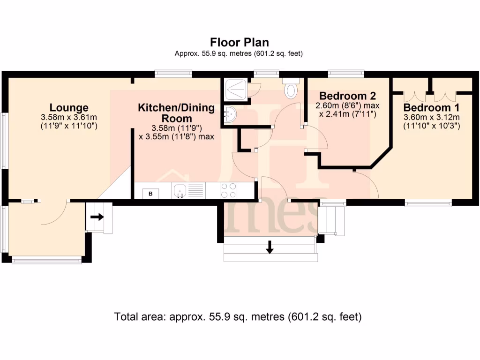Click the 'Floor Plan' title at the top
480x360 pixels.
239,43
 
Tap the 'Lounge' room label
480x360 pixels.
69,108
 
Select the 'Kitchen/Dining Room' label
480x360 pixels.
176,113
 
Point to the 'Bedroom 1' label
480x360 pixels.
432,107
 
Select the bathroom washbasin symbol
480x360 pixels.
230,114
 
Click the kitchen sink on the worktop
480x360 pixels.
180,190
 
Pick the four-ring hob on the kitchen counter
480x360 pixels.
228,190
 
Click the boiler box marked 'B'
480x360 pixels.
150,193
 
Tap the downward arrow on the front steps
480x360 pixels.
270,247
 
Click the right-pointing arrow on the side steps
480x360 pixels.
97,217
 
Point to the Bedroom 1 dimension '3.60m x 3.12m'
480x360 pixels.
432,117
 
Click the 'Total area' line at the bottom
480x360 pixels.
238,316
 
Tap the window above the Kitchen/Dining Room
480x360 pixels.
173,73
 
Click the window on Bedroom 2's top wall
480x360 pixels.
346,73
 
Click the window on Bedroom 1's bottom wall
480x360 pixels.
428,202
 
